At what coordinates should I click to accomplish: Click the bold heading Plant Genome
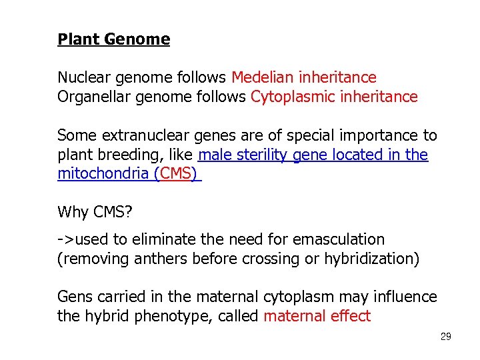113,39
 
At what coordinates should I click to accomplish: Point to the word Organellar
91,97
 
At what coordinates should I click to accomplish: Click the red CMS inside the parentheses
177,175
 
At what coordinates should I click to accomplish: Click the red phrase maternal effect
317,316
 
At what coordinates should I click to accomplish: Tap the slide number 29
445,337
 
